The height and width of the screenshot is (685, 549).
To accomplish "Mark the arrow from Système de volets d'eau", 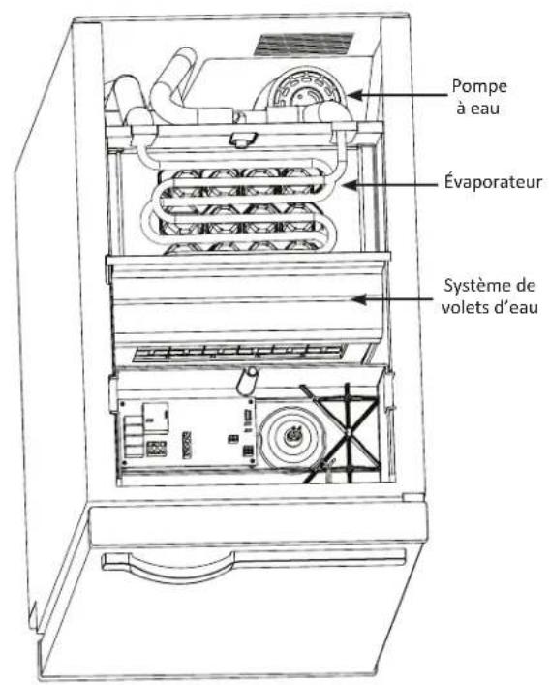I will point(387,300).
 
